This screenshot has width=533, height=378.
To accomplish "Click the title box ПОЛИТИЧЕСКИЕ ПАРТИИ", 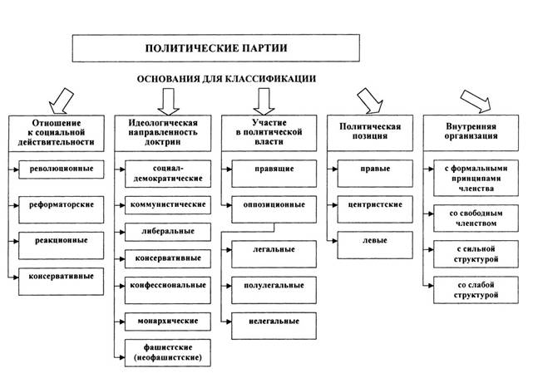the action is click(x=216, y=48).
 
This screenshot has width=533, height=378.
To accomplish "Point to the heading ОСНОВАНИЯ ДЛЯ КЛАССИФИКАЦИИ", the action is click(x=226, y=79).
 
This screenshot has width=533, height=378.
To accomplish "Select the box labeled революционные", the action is click(x=62, y=169).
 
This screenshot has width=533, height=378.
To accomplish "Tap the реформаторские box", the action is click(x=62, y=209).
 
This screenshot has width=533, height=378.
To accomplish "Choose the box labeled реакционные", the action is click(x=62, y=246).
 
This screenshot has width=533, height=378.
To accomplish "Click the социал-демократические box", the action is click(x=168, y=174).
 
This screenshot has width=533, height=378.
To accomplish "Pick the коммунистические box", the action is click(x=168, y=205).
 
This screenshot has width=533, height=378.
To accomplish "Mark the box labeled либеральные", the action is click(x=168, y=232).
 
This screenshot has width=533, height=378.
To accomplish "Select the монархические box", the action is click(x=168, y=322).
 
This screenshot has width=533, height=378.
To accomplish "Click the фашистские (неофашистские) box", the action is click(x=168, y=353).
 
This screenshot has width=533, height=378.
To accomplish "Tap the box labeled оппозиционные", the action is click(x=274, y=209).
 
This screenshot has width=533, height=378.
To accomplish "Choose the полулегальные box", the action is click(x=274, y=291).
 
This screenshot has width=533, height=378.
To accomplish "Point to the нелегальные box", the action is click(x=274, y=326).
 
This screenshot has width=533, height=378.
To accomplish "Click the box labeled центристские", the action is click(x=375, y=209).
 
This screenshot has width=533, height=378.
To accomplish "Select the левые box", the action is click(x=375, y=245).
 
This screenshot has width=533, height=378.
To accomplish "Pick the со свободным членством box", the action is click(x=476, y=218).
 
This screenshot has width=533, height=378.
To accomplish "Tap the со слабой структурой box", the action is click(x=476, y=290).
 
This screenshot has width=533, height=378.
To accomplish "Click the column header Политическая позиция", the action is click(x=370, y=133).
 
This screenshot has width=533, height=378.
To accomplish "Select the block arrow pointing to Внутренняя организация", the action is click(x=476, y=101).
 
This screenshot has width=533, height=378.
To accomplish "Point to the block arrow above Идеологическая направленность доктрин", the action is click(x=168, y=101).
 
